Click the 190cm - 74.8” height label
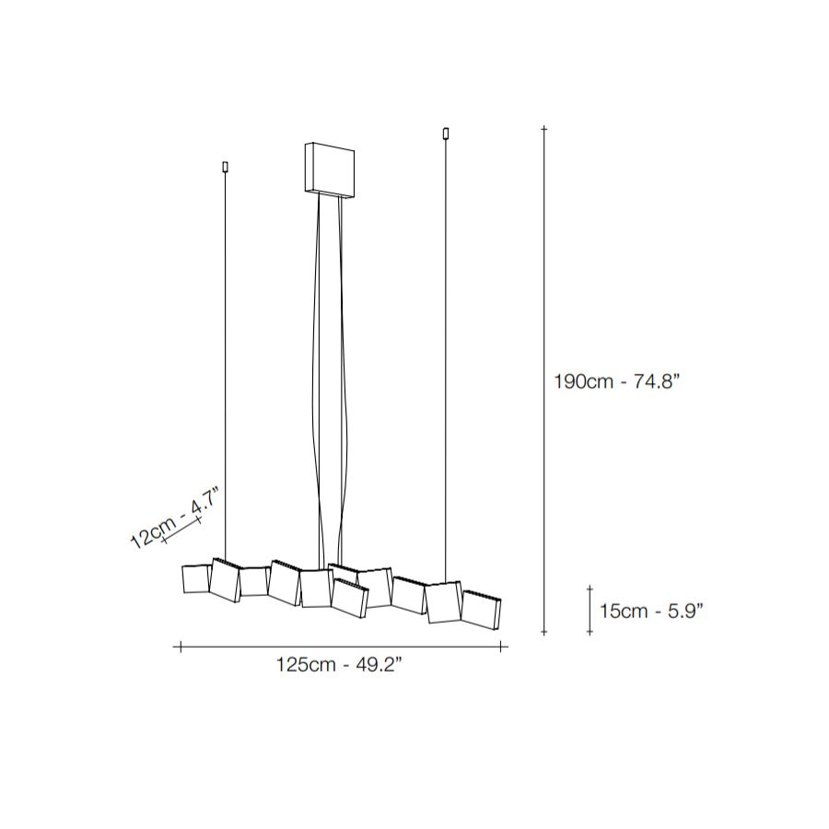pos(616,380)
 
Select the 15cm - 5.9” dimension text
pos(651,611)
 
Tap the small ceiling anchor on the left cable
pos(226,167)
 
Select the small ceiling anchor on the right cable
pos(446,134)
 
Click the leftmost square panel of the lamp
pos(195,579)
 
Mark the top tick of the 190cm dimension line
pos(543,128)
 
